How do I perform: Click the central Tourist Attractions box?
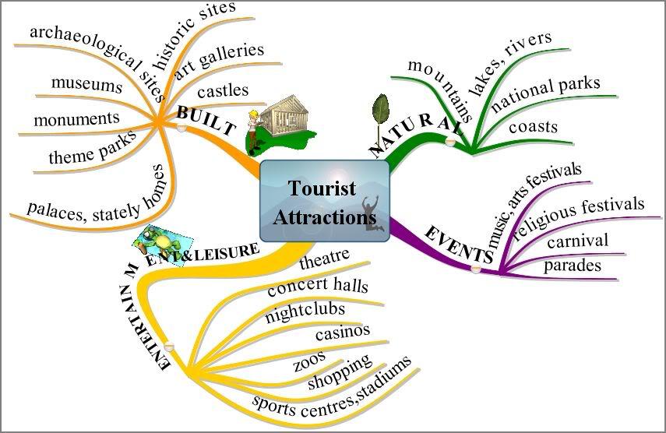click(325, 201)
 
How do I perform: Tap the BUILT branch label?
click(206, 120)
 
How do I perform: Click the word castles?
click(223, 91)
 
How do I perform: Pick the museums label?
click(86, 84)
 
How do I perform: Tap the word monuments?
click(77, 119)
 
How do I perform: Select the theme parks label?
click(92, 147)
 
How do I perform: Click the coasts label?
click(533, 126)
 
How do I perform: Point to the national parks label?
click(546, 93)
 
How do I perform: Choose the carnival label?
click(578, 241)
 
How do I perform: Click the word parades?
click(572, 266)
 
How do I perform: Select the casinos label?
click(343, 332)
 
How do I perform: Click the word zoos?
click(310, 361)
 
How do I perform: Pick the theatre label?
click(325, 259)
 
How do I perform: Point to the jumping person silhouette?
click(372, 213)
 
